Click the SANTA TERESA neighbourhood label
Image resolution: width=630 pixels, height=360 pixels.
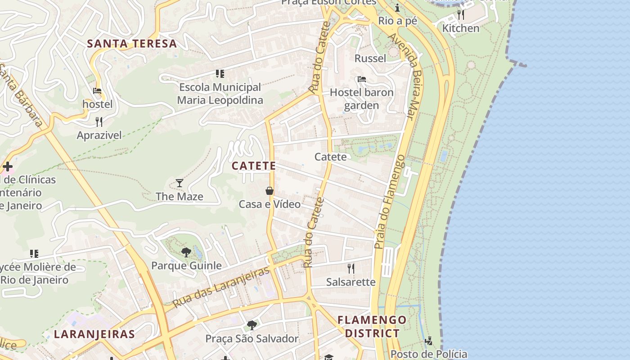[x=132, y=44]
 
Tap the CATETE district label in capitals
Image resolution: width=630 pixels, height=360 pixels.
[x=254, y=166]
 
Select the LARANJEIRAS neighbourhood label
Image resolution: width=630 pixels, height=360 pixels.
[x=94, y=334]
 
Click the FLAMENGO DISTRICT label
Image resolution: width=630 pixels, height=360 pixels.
[x=372, y=327]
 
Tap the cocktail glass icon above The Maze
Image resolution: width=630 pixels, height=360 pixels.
[x=180, y=183]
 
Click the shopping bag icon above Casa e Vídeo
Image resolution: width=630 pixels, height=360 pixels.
[x=270, y=191]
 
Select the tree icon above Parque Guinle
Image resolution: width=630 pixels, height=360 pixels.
[x=186, y=252]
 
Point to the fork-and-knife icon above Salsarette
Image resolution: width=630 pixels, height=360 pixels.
[x=351, y=269]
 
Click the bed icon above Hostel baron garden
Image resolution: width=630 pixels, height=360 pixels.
[x=361, y=79]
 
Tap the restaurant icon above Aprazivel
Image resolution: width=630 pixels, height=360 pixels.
[x=99, y=121]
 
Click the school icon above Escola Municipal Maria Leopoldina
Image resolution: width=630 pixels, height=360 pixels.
[x=220, y=73]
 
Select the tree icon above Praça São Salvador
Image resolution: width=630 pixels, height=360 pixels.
[x=252, y=325]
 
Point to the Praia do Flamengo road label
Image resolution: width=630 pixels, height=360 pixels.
[x=390, y=202]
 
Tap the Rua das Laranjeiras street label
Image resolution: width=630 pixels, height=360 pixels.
[x=221, y=287]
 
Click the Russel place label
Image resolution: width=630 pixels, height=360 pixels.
[x=370, y=58]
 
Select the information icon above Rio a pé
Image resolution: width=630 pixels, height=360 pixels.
[x=397, y=8]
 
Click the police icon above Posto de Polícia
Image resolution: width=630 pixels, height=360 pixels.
[x=428, y=341]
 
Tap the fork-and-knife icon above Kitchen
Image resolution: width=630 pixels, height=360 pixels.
[x=460, y=15]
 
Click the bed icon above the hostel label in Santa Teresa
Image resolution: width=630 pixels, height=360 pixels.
[x=97, y=90]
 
